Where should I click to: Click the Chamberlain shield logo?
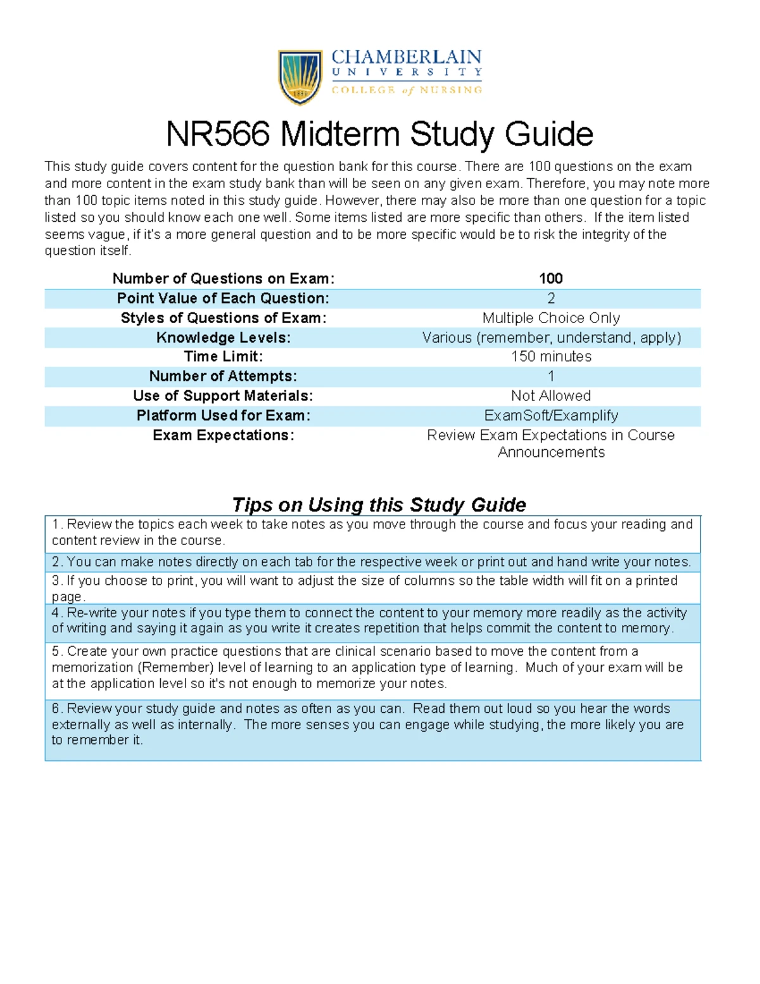300,77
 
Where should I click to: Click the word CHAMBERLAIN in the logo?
406,58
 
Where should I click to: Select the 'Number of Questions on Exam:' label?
223,279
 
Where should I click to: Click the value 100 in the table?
550,279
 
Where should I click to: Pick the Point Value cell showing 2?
550,298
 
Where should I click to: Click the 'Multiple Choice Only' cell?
550,318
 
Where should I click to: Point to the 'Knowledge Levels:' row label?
223,338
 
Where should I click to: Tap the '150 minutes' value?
550,357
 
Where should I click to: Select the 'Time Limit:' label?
223,357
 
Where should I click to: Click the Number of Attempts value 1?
550,376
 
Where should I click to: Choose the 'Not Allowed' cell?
550,396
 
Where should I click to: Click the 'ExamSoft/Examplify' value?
550,416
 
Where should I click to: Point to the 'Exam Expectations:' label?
223,435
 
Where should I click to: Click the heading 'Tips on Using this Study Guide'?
379,505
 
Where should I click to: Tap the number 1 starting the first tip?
56,525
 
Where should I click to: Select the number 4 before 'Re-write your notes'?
56,613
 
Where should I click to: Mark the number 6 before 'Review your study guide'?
56,709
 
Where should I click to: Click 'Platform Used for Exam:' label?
223,416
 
